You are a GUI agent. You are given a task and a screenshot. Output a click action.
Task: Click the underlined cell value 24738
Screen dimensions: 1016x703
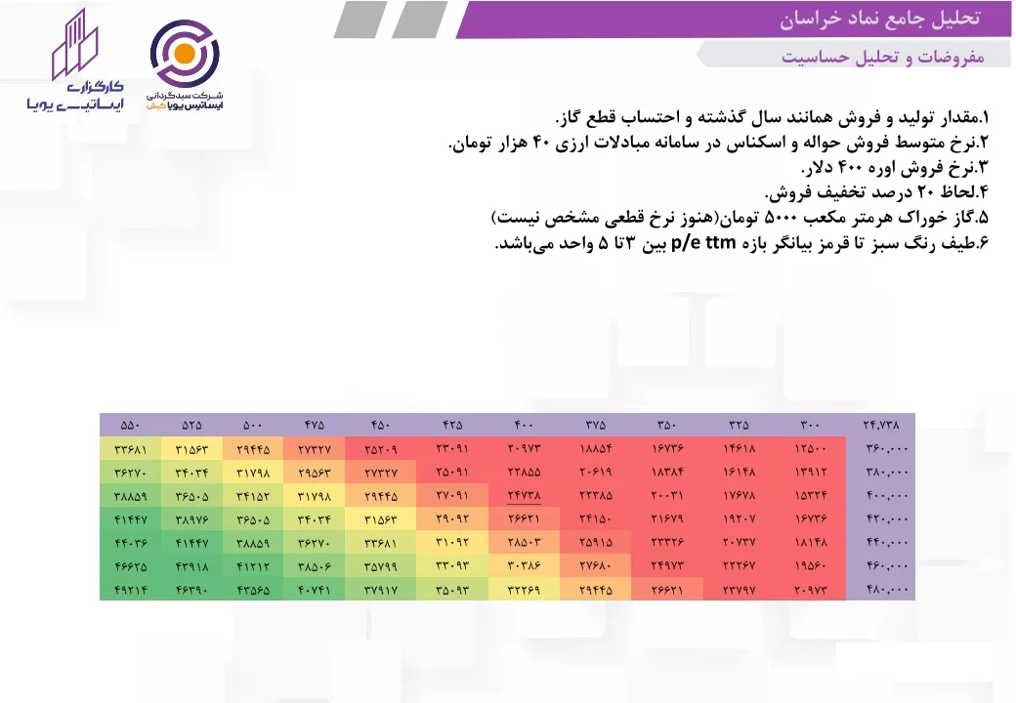pos(525,496)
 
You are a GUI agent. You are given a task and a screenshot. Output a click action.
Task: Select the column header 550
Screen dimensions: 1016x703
pos(130,426)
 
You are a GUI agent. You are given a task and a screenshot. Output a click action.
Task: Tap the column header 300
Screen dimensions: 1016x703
pos(810,426)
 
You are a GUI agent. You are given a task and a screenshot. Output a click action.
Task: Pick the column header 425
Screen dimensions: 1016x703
pos(452,426)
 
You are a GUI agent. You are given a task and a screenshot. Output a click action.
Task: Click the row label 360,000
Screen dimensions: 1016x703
pos(887,448)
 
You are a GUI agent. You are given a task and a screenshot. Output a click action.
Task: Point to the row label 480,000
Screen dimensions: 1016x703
pos(887,590)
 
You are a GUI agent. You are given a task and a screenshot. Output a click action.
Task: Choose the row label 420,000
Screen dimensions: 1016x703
pos(887,519)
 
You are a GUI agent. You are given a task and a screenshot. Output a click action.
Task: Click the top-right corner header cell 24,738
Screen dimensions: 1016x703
pos(881,426)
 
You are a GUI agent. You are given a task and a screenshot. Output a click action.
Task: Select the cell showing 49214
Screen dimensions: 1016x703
pos(130,590)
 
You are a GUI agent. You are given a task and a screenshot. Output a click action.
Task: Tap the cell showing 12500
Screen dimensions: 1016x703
pos(810,448)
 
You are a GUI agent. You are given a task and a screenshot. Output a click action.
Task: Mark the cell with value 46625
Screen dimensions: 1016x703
pos(130,566)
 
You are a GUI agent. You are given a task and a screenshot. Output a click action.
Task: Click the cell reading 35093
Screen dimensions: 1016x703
pos(452,590)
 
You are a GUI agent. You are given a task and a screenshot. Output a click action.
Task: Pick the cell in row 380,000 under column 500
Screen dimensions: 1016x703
pos(253,473)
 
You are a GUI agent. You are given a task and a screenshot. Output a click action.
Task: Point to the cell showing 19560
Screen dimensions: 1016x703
pos(810,566)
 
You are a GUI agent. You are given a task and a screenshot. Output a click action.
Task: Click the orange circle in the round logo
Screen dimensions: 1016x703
pos(184,53)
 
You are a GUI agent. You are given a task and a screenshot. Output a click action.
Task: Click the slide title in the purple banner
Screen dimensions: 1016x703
pos(879,19)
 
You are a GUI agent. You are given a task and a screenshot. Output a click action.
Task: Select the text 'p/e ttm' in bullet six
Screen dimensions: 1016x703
pos(703,243)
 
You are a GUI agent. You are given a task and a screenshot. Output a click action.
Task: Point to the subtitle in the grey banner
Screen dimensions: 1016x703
pos(882,57)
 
